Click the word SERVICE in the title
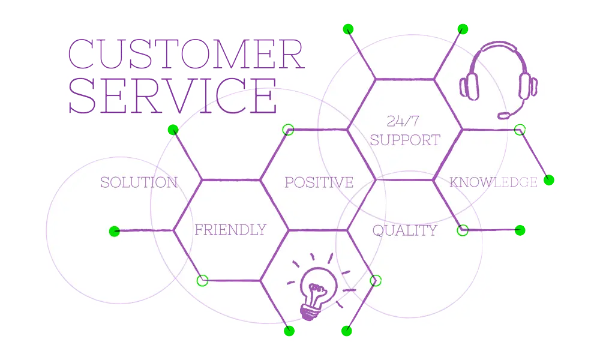172,96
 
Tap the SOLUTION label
139,182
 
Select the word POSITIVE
319,182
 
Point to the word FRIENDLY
230,230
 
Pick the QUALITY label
405,230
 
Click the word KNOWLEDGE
493,182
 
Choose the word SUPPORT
405,140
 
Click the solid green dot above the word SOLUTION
173,129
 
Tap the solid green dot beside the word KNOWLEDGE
549,179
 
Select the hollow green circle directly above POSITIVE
288,130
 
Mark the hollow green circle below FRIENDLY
202,280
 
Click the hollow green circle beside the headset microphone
520,129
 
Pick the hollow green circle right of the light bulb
376,280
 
